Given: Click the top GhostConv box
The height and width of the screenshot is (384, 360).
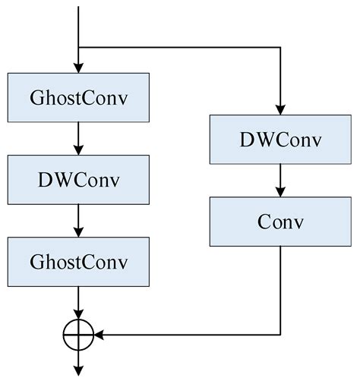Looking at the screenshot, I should click(79, 97).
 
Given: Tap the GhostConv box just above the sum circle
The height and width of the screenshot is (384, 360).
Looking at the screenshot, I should click(79, 261).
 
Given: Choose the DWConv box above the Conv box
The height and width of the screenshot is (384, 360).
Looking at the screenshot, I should click(281, 140).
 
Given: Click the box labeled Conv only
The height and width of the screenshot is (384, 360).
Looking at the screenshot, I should click(281, 222).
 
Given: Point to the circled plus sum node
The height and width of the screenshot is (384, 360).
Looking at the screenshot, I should click(79, 332).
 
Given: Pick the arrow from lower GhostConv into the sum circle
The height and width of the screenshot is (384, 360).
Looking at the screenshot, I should click(79, 301).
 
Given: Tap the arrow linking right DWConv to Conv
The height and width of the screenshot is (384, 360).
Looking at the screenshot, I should click(281, 181).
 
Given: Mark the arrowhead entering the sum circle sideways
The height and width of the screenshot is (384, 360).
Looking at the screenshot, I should click(99, 332).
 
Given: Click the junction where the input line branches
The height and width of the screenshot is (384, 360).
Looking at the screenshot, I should click(79, 47).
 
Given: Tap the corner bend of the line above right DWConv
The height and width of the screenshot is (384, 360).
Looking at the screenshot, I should click(281, 47).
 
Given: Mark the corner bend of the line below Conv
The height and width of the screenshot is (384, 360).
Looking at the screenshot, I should click(281, 332).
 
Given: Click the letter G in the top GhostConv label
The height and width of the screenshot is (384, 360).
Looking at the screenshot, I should click(36, 98).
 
